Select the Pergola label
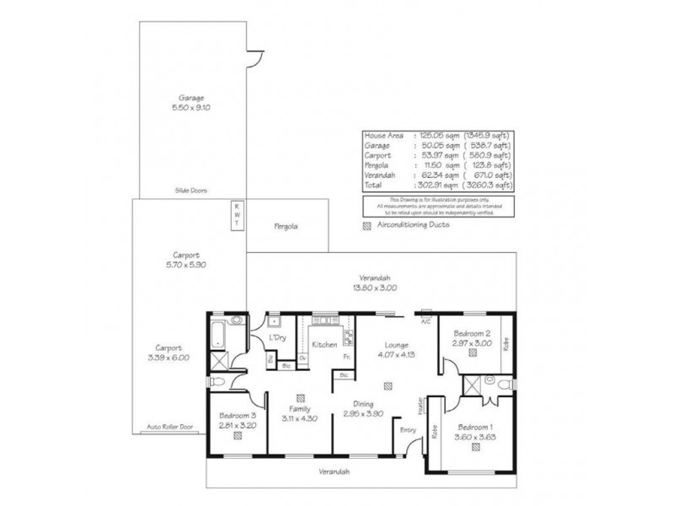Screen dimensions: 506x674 (286, 227)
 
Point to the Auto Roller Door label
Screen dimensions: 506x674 (170, 427)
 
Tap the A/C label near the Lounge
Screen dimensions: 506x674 (425, 321)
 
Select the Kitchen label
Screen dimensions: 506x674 (324, 345)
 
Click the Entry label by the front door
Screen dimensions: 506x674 (409, 430)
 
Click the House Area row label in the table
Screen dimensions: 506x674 (383, 136)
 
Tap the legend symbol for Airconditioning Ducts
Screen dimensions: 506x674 (366, 226)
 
